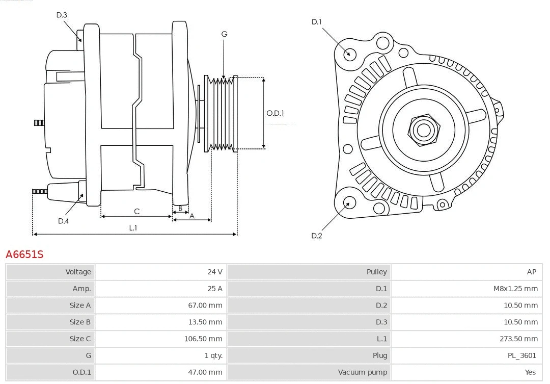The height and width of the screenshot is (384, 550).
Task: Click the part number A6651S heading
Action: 24,254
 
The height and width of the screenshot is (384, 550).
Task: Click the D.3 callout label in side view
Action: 62,15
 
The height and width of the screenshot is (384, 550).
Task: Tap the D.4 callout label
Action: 63,221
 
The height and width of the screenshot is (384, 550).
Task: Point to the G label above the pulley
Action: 224,34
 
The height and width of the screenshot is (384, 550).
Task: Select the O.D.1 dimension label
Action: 276,113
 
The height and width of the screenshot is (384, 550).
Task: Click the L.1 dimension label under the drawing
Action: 133,228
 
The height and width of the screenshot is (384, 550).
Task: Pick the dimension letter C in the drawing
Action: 136,211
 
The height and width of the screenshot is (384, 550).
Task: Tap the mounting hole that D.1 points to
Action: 350,53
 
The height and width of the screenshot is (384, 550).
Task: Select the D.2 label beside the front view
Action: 317,236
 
